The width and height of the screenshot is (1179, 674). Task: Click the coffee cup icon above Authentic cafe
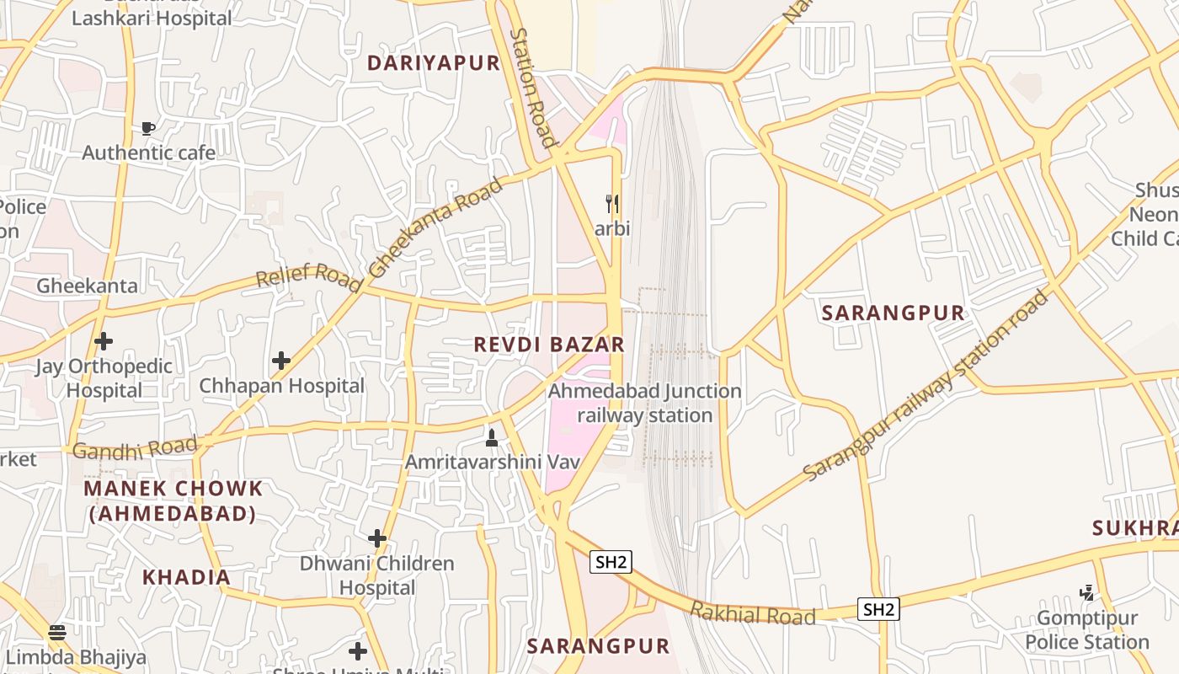[148, 128]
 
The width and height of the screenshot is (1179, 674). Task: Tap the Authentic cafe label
[148, 152]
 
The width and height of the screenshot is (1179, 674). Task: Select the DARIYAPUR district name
[434, 63]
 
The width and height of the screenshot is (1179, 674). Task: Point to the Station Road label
[533, 88]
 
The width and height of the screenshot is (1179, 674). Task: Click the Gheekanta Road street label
[436, 227]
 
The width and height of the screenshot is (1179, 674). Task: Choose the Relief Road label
[308, 275]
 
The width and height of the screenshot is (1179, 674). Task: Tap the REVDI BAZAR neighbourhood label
[549, 344]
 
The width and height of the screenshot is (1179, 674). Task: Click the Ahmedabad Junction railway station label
[645, 404]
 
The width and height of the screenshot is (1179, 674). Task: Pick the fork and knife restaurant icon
[613, 203]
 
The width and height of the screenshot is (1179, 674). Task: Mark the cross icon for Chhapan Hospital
[281, 361]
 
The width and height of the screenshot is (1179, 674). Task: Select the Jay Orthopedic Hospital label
[104, 378]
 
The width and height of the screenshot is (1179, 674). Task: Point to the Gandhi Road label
[135, 448]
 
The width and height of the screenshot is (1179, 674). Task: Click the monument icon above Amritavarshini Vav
[492, 437]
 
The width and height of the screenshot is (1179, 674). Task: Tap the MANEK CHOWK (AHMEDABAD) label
[173, 500]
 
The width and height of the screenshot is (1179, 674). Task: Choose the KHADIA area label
[186, 577]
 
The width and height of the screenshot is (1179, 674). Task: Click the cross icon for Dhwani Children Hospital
[377, 538]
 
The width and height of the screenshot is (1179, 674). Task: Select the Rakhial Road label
[752, 614]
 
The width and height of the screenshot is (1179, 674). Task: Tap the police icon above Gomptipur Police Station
[1087, 593]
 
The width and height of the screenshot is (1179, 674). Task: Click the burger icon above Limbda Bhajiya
[57, 632]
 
